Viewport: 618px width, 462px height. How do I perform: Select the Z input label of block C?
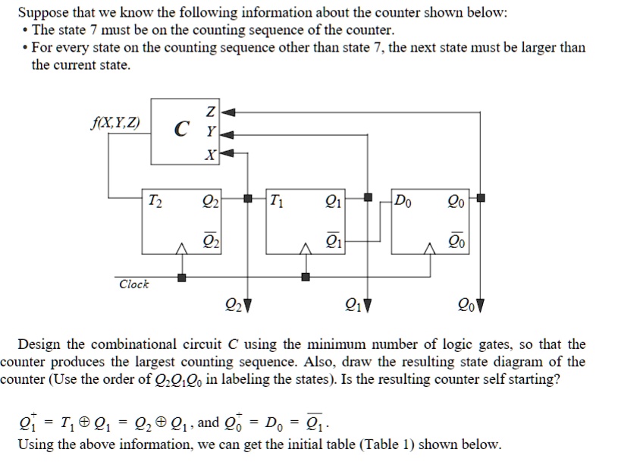pos(209,113)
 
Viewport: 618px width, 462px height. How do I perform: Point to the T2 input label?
pos(153,201)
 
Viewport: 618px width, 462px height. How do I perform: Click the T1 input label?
pos(277,201)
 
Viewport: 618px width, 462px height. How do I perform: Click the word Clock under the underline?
pos(134,284)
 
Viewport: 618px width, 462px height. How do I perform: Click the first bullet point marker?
pos(27,30)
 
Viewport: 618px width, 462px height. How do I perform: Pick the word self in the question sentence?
pos(479,379)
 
